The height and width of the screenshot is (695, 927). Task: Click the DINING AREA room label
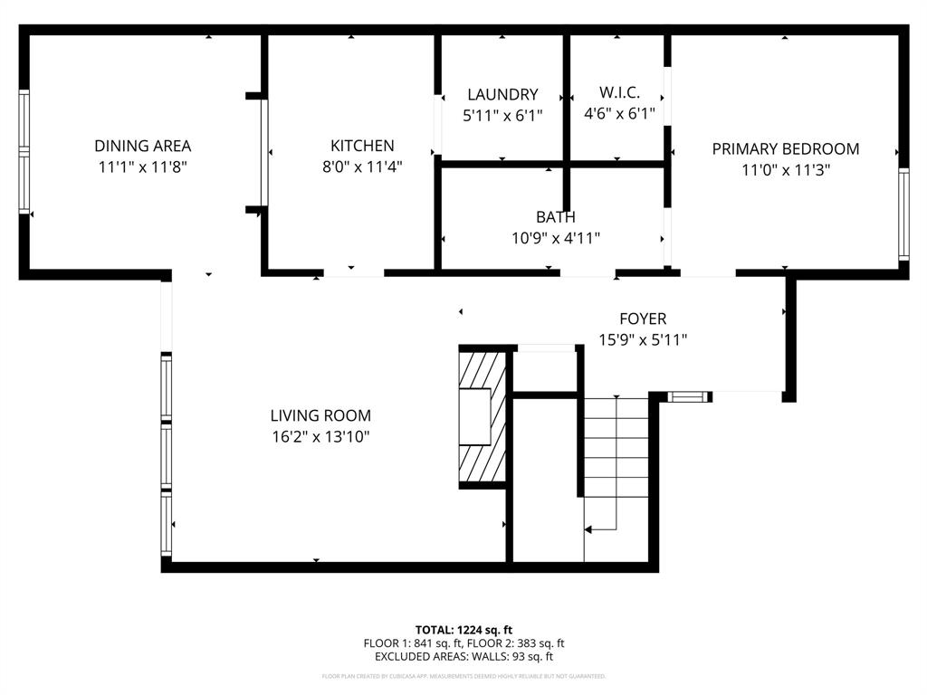(143, 146)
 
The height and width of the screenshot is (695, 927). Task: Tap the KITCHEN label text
(362, 146)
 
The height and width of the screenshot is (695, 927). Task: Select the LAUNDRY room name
(502, 94)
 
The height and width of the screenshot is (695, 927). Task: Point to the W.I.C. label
(619, 92)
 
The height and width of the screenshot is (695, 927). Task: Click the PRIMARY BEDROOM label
(785, 149)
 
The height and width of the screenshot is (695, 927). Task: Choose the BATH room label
(555, 217)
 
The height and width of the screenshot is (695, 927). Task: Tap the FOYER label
(643, 319)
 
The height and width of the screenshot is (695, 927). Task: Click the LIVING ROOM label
(320, 415)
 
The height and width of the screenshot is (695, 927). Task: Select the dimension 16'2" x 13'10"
(320, 437)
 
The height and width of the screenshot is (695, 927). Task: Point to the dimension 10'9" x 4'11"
(556, 238)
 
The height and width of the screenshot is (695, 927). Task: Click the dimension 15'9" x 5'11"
(643, 340)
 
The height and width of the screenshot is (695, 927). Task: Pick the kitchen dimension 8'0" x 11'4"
(362, 167)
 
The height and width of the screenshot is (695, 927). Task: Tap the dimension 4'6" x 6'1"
(619, 114)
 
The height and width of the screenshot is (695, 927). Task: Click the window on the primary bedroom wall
(903, 214)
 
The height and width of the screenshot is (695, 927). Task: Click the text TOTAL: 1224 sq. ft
(463, 630)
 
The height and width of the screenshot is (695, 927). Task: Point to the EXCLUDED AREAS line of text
(463, 657)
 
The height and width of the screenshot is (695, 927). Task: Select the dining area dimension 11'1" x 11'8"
(143, 167)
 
